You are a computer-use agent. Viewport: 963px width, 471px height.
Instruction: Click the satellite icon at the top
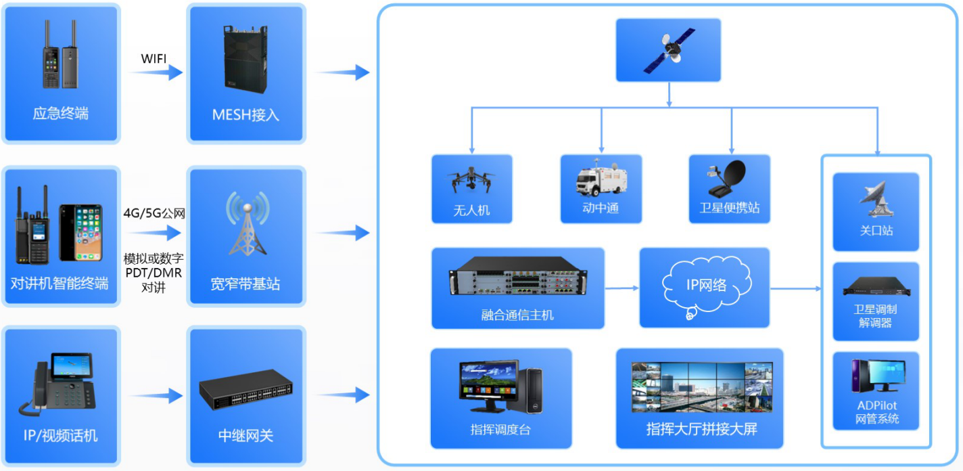pos(669,50)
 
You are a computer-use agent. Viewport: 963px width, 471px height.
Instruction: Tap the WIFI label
pos(154,58)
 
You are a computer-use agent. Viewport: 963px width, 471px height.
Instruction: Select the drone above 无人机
pos(471,181)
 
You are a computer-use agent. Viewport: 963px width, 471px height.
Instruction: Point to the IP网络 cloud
pos(706,286)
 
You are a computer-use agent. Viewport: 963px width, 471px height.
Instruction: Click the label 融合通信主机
pos(517,315)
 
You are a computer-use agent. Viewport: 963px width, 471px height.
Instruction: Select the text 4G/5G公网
pos(154,214)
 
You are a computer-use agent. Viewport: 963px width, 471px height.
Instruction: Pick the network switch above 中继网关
pos(245,390)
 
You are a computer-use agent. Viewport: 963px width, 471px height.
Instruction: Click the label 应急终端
pos(60,114)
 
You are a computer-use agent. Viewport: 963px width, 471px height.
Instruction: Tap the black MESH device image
pos(245,61)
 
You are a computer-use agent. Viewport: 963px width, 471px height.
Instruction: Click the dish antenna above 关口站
pos(876,198)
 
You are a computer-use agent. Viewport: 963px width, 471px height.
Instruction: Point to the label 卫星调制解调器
pos(876,316)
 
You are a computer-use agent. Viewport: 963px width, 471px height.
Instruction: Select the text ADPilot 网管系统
pos(876,412)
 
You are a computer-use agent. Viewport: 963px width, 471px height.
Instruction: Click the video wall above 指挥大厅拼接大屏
pos(700,387)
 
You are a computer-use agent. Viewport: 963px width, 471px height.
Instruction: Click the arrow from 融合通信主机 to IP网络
pos(621,288)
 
